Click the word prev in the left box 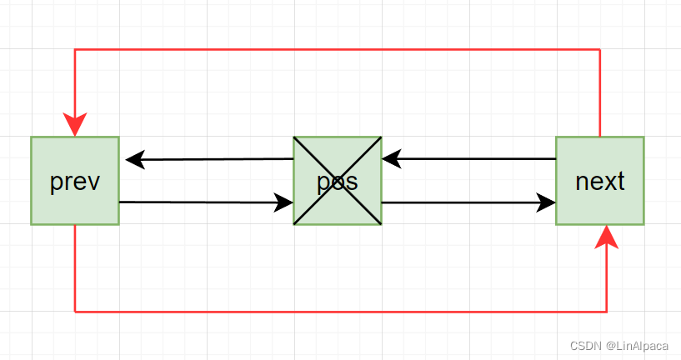point(75,181)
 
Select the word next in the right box point(600,181)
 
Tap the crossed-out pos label point(338,181)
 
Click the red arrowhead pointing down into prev point(75,126)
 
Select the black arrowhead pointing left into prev point(134,158)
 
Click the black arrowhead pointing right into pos point(283,202)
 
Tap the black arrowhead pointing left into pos point(391,158)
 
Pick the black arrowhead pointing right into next point(547,202)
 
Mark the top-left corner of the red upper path point(75,50)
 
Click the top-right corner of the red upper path point(599,50)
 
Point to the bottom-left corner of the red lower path point(75,312)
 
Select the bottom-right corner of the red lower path point(607,312)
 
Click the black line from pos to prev point(217,158)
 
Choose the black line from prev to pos point(200,202)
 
